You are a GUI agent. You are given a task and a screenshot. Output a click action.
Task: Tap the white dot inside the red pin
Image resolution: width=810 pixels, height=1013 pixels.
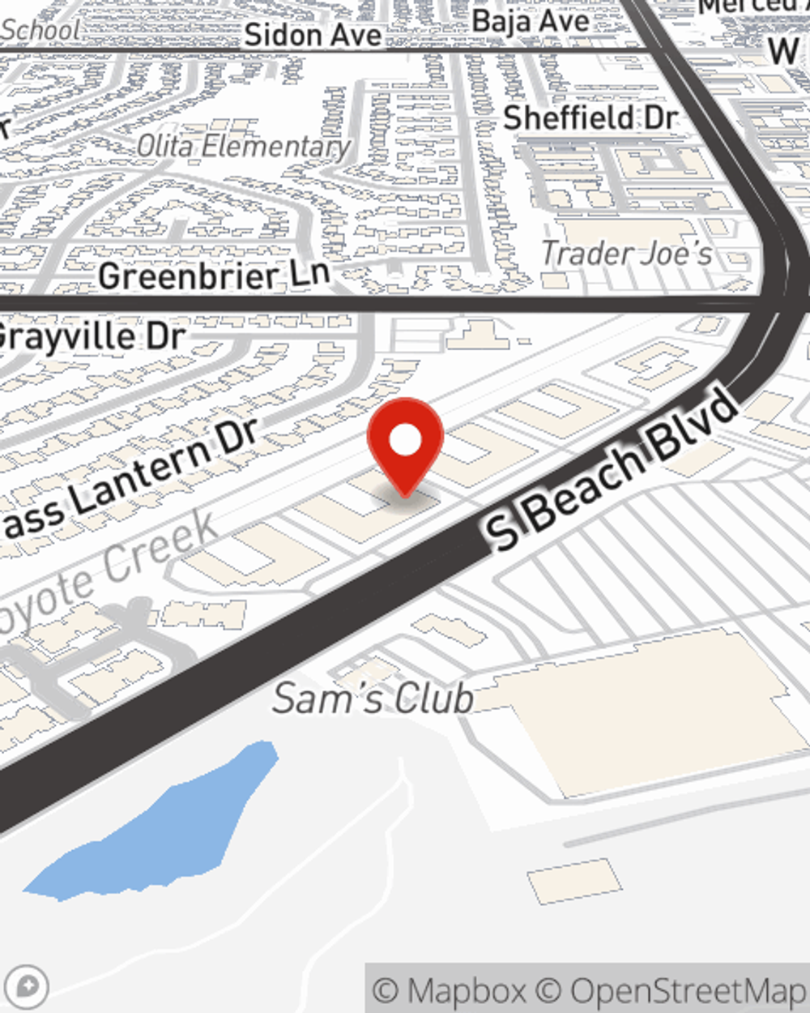click(x=405, y=440)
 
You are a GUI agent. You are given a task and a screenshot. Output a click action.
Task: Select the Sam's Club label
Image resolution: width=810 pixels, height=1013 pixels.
click(x=373, y=699)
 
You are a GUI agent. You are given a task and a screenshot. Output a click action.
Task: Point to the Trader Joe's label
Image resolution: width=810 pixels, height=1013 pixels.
click(x=626, y=254)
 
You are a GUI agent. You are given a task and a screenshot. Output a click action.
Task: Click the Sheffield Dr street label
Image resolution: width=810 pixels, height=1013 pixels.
click(x=590, y=118)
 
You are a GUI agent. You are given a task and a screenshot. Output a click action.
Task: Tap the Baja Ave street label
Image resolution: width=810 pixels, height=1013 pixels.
click(x=531, y=21)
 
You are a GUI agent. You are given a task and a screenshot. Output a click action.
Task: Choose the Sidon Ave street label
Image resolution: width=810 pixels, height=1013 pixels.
click(x=313, y=35)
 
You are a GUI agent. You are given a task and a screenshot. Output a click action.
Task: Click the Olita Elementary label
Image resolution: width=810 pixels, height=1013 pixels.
click(x=243, y=147)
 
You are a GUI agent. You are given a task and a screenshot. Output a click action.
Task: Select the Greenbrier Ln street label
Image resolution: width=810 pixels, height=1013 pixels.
click(x=214, y=276)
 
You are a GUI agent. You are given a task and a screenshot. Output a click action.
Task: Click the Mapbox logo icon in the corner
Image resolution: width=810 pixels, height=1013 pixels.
click(x=27, y=986)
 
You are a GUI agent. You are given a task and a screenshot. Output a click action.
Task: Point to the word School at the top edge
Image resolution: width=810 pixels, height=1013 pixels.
click(x=40, y=31)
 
